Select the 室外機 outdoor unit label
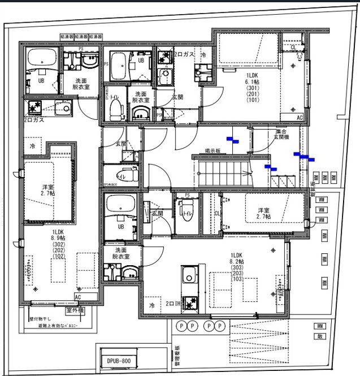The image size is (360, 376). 75,310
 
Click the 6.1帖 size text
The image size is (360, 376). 251,81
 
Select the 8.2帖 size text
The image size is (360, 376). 237,261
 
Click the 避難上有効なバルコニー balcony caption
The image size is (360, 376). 62,326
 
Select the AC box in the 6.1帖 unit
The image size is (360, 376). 300,118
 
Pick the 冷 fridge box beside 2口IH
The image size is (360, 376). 151,305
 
